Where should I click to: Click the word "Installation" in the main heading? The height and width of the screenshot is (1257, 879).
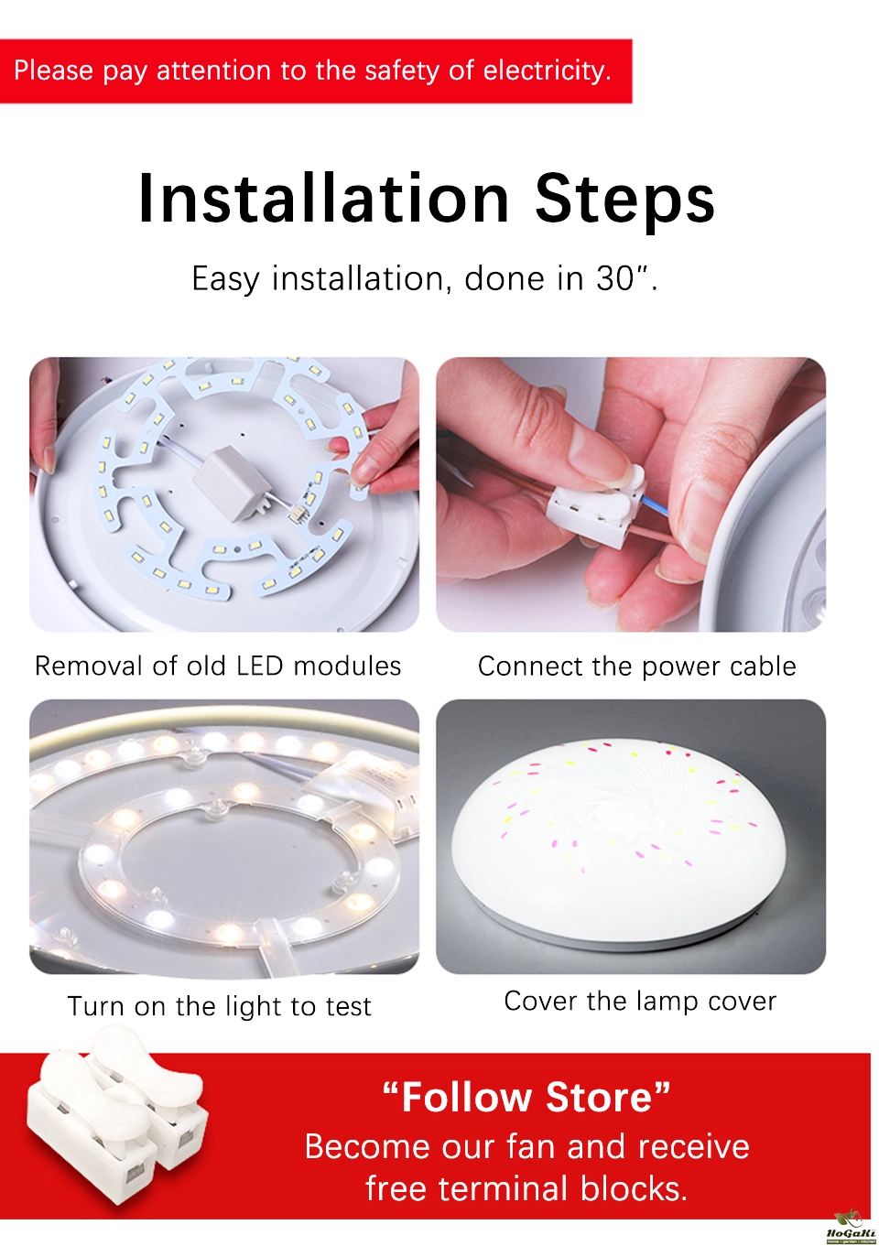click(323, 198)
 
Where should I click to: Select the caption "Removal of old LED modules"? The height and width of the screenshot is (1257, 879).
click(218, 666)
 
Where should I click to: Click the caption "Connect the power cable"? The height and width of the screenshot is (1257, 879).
click(637, 666)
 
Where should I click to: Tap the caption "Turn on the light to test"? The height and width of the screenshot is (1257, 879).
click(220, 1005)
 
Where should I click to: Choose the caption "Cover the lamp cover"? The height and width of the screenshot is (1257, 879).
click(640, 1001)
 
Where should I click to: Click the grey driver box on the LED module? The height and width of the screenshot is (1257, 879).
click(230, 483)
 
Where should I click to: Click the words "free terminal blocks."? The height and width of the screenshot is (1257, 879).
click(526, 1188)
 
